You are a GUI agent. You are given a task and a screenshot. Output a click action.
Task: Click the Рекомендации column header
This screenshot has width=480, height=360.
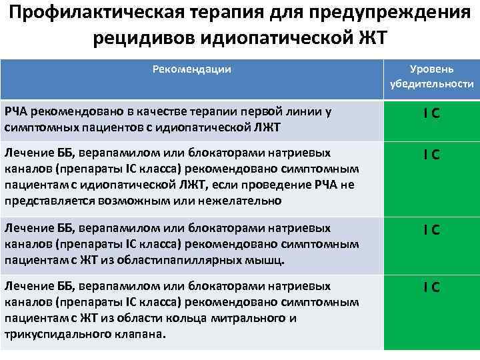coord(192,69)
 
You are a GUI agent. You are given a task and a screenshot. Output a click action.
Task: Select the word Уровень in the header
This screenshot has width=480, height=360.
coord(432,69)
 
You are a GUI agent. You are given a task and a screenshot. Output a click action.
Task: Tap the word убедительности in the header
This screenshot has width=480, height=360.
coord(432,85)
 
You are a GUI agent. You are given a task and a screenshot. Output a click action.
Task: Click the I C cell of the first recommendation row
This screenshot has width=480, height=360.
coord(431,114)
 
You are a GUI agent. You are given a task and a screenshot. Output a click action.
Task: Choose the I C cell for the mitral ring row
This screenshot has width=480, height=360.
coord(431,287)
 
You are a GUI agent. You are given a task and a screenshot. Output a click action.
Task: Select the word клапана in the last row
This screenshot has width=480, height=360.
coord(139,333)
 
